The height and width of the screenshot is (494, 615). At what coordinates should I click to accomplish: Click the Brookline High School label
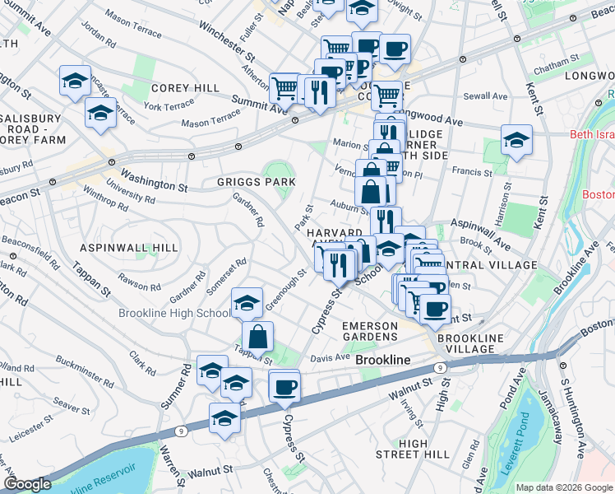173,313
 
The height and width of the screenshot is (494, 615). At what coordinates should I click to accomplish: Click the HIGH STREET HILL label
413,449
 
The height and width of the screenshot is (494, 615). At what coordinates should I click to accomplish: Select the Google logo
27,484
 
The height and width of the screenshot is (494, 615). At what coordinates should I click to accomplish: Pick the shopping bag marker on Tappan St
257,335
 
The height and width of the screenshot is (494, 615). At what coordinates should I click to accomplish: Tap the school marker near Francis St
516,139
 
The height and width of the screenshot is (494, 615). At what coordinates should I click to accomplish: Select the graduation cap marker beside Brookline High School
247,302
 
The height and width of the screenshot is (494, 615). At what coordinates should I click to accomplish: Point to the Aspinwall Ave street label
480,234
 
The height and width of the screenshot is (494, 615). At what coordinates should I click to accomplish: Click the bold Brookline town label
382,361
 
